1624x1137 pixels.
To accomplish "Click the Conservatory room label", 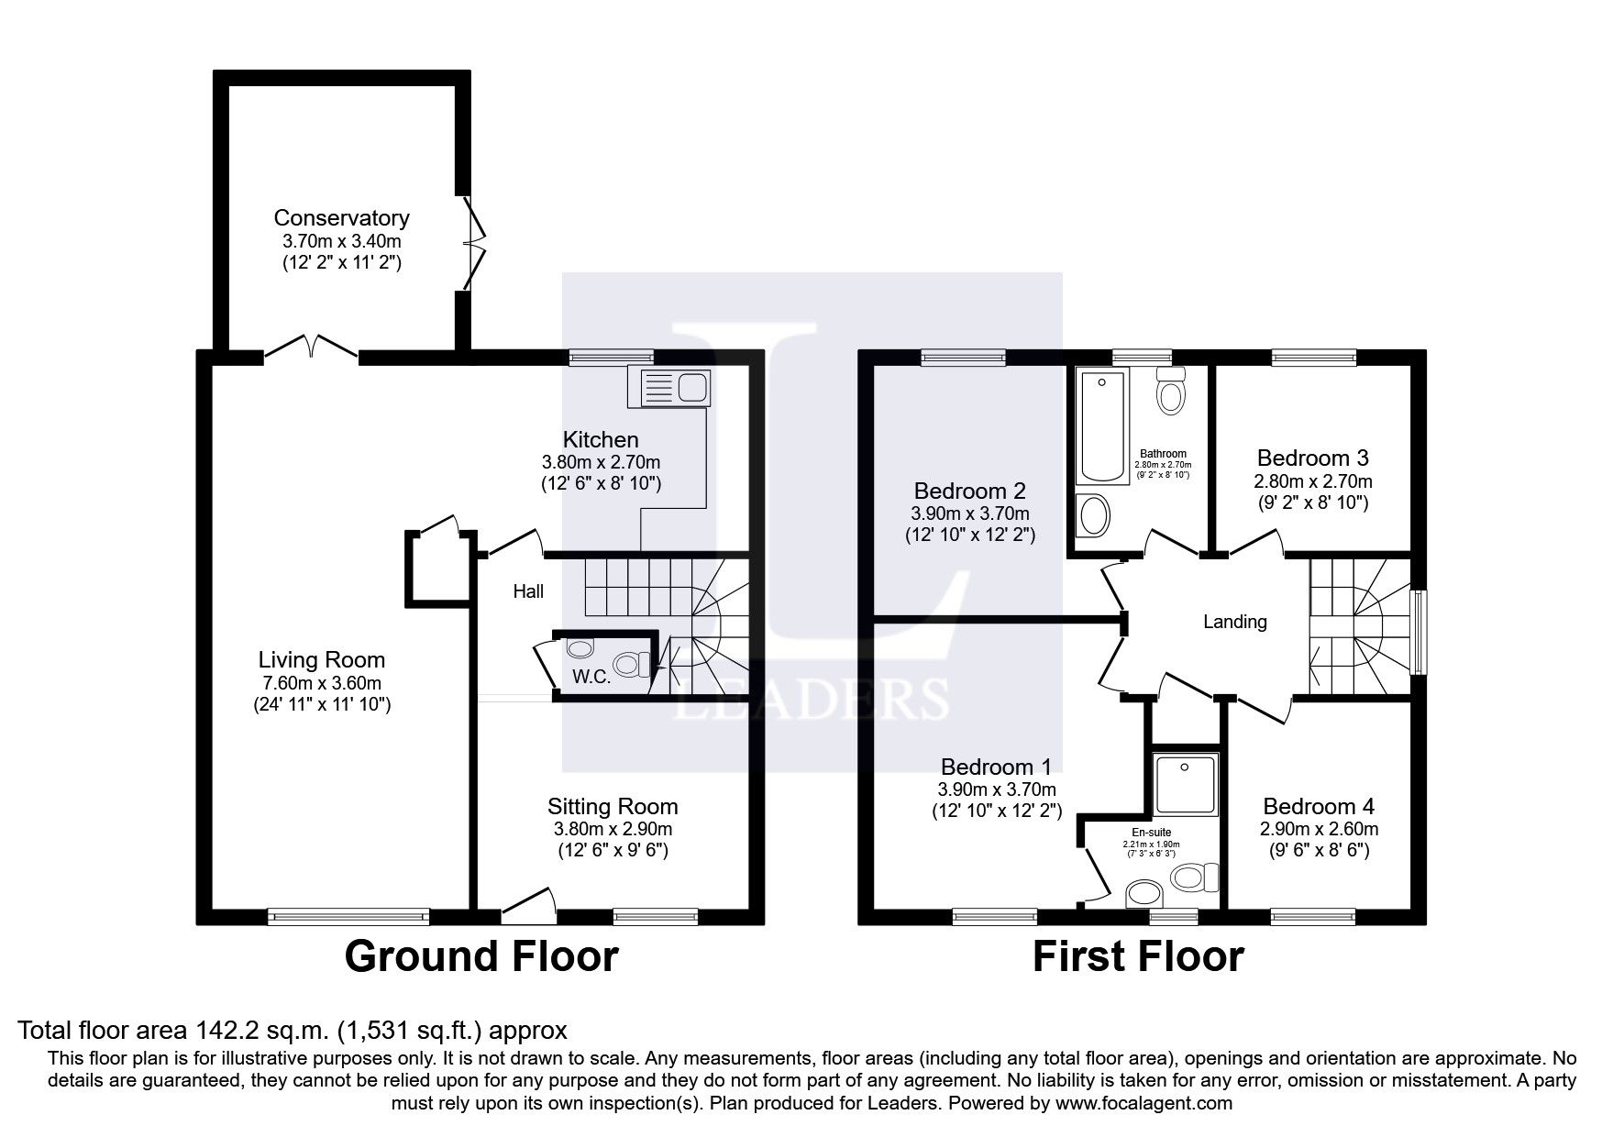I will (x=341, y=218).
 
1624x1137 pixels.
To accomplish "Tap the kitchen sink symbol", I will (x=668, y=386).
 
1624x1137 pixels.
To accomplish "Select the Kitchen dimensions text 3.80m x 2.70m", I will (x=601, y=462).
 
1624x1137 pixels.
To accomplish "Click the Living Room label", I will (x=321, y=659).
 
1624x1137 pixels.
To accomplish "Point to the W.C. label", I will (x=592, y=677).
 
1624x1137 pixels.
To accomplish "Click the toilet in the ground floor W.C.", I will (x=631, y=663).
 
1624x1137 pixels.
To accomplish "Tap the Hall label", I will (x=528, y=591).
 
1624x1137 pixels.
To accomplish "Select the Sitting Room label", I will (x=613, y=807).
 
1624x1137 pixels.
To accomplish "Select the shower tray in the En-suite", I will (x=1185, y=785).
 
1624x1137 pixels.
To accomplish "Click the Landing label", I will (x=1234, y=622).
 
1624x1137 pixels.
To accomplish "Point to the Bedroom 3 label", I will (x=1312, y=458).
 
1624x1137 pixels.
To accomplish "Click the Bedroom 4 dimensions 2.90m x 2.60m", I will (x=1319, y=829).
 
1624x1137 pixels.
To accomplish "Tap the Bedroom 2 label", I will (x=969, y=491).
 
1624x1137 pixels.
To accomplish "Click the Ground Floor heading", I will (x=481, y=956).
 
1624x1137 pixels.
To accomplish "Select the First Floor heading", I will (x=1138, y=956).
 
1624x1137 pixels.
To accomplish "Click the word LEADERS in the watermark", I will (x=812, y=699).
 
